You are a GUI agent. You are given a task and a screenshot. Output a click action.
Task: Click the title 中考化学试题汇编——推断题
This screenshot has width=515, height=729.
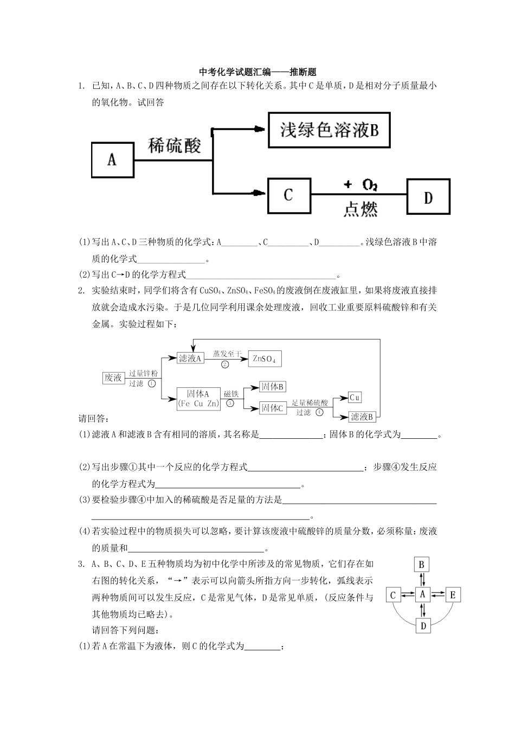coord(257,72)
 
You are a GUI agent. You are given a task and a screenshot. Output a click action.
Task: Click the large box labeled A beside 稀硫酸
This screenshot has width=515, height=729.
coord(112,159)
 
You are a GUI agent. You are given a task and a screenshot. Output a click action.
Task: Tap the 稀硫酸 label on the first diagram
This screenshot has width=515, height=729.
coord(175,145)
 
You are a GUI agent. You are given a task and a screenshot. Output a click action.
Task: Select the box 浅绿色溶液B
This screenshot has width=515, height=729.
coord(329,130)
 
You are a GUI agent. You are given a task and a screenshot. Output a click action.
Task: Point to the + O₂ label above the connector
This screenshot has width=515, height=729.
coord(360,185)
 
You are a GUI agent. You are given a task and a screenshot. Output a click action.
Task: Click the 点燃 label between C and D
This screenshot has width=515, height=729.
coord(360,209)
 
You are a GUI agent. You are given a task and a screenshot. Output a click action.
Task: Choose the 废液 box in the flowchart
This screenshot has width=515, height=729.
coord(113,378)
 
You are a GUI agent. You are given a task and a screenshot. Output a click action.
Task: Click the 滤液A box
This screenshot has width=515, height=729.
coord(190,358)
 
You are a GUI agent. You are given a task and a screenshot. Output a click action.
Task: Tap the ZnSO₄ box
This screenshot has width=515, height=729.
coord(265,359)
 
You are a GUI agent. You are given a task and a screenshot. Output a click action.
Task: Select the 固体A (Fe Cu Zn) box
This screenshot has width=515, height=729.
coord(198,398)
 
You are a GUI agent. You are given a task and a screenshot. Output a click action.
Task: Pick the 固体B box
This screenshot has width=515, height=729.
coord(273,386)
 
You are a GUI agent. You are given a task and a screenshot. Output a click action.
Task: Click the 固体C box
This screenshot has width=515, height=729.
coord(273,408)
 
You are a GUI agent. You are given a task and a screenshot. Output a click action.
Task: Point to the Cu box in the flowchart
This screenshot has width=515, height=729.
coord(355,398)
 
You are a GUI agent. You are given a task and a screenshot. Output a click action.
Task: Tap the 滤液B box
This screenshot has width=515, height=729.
coord(362,417)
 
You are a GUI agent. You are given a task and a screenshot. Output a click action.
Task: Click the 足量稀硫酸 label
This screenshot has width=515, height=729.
coord(310,403)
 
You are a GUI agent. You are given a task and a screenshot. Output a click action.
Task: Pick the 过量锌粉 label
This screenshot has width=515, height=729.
coord(143,374)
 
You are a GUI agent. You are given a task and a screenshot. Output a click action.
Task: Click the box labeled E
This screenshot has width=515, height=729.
coord(453,595)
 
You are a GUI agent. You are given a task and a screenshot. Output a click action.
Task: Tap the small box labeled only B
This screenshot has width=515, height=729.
coord(422,565)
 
